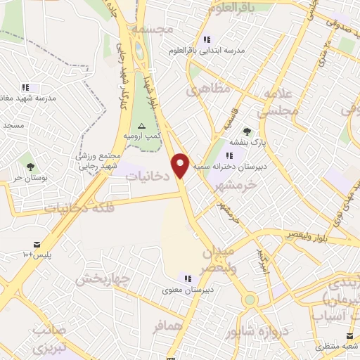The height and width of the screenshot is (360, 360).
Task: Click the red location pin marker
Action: (181, 165)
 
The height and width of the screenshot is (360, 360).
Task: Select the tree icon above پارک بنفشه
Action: (247, 131)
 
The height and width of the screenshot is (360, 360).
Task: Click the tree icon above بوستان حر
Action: (30, 167)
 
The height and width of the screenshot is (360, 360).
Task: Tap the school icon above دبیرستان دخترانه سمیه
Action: (229, 155)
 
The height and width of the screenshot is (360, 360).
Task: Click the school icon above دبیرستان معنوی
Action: (188, 278)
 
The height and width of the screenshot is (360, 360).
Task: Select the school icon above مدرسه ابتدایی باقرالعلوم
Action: (207, 40)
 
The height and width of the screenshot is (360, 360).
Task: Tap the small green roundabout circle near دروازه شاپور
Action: (250, 300)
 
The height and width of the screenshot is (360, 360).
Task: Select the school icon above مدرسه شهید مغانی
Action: (26, 88)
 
